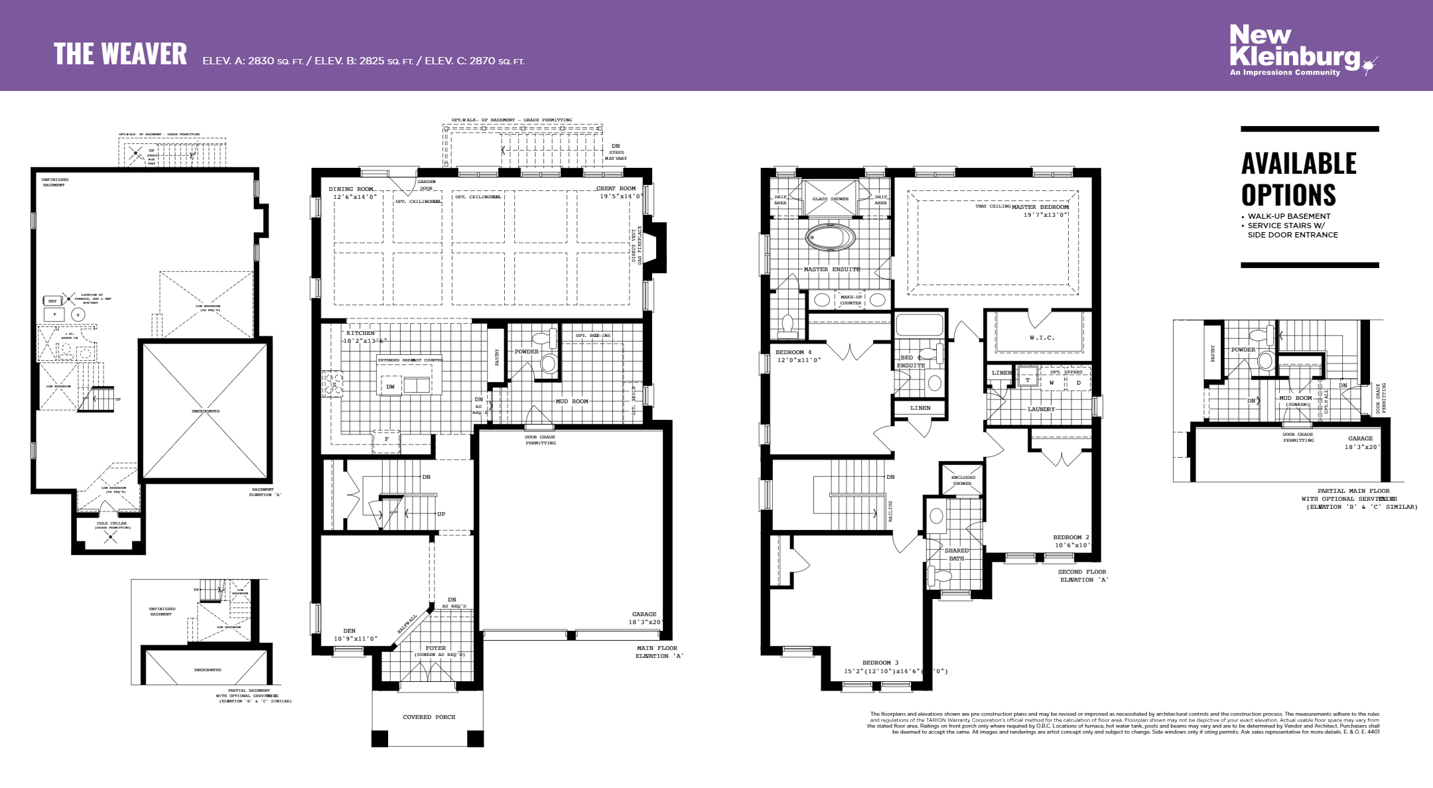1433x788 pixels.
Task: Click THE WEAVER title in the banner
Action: click(x=120, y=54)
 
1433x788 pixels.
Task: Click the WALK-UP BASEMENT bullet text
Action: click(x=1288, y=216)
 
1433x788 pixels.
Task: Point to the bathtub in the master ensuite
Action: click(x=831, y=237)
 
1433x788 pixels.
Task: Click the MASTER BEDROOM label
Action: click(x=1040, y=207)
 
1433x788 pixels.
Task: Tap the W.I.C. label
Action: click(x=1042, y=338)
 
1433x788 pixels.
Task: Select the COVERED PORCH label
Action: click(x=429, y=717)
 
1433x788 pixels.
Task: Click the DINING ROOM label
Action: click(x=351, y=189)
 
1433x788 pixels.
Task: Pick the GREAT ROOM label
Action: click(x=616, y=188)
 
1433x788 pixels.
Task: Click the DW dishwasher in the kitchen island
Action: click(x=391, y=387)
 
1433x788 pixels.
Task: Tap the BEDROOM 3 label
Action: click(x=880, y=663)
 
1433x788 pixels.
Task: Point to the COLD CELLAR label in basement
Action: click(x=111, y=523)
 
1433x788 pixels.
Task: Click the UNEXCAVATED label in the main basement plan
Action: click(x=206, y=411)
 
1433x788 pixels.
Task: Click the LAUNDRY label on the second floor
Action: click(x=1041, y=409)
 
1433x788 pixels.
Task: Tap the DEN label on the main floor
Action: click(x=349, y=631)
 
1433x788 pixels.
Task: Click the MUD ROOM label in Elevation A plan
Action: click(x=571, y=401)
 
